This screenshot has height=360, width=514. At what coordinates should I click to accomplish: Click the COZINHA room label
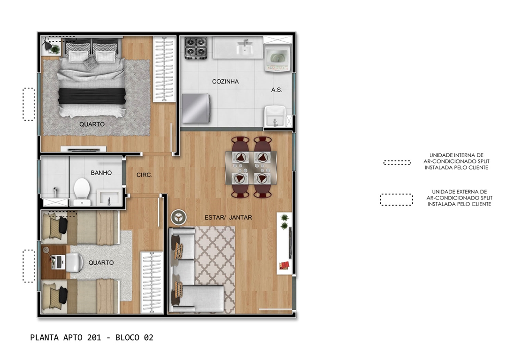[x=225, y=81]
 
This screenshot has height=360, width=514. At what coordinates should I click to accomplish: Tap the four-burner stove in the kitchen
[x=196, y=48]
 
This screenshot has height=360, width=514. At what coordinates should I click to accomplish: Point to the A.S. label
[x=276, y=90]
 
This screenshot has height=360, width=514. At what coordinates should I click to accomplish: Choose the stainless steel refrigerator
[x=196, y=108]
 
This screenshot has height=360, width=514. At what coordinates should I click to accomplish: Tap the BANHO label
[x=101, y=173]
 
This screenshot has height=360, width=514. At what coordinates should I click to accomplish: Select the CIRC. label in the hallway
[x=144, y=175]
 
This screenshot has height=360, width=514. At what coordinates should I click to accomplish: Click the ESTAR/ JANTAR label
[x=228, y=217]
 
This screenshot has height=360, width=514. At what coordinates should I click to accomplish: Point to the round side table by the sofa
[x=179, y=217]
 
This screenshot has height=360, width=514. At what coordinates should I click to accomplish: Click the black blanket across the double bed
[x=92, y=96]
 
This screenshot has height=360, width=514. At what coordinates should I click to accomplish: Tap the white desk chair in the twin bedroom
[x=75, y=263]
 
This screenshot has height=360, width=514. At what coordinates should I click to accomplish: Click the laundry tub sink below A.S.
[x=275, y=116]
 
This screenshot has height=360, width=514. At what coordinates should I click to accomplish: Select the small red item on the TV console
[x=284, y=265]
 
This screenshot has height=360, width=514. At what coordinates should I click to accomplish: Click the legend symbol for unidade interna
[x=397, y=162]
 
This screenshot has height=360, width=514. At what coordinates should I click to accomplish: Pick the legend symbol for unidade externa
[x=396, y=199]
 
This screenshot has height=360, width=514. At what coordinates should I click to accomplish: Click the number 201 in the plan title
[x=94, y=337]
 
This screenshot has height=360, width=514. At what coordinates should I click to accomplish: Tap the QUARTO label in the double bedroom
[x=92, y=124]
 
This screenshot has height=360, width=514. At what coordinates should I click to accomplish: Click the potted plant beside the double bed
[x=55, y=49]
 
